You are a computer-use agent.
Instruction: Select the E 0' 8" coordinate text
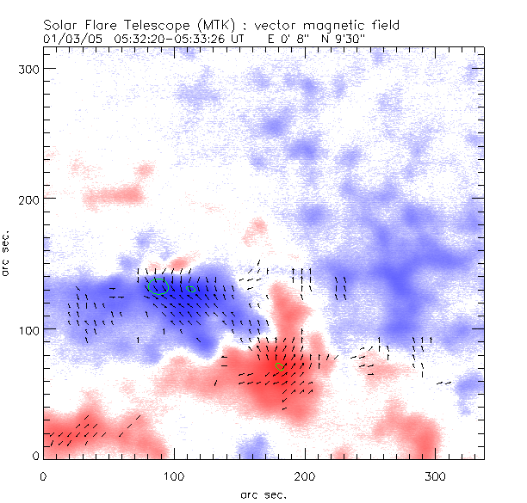(270, 39)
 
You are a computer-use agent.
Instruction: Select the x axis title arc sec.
(263, 494)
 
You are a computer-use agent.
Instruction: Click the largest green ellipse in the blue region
(158, 286)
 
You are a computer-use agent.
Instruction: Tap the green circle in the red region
(279, 367)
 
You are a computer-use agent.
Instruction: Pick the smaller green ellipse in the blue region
(193, 289)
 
